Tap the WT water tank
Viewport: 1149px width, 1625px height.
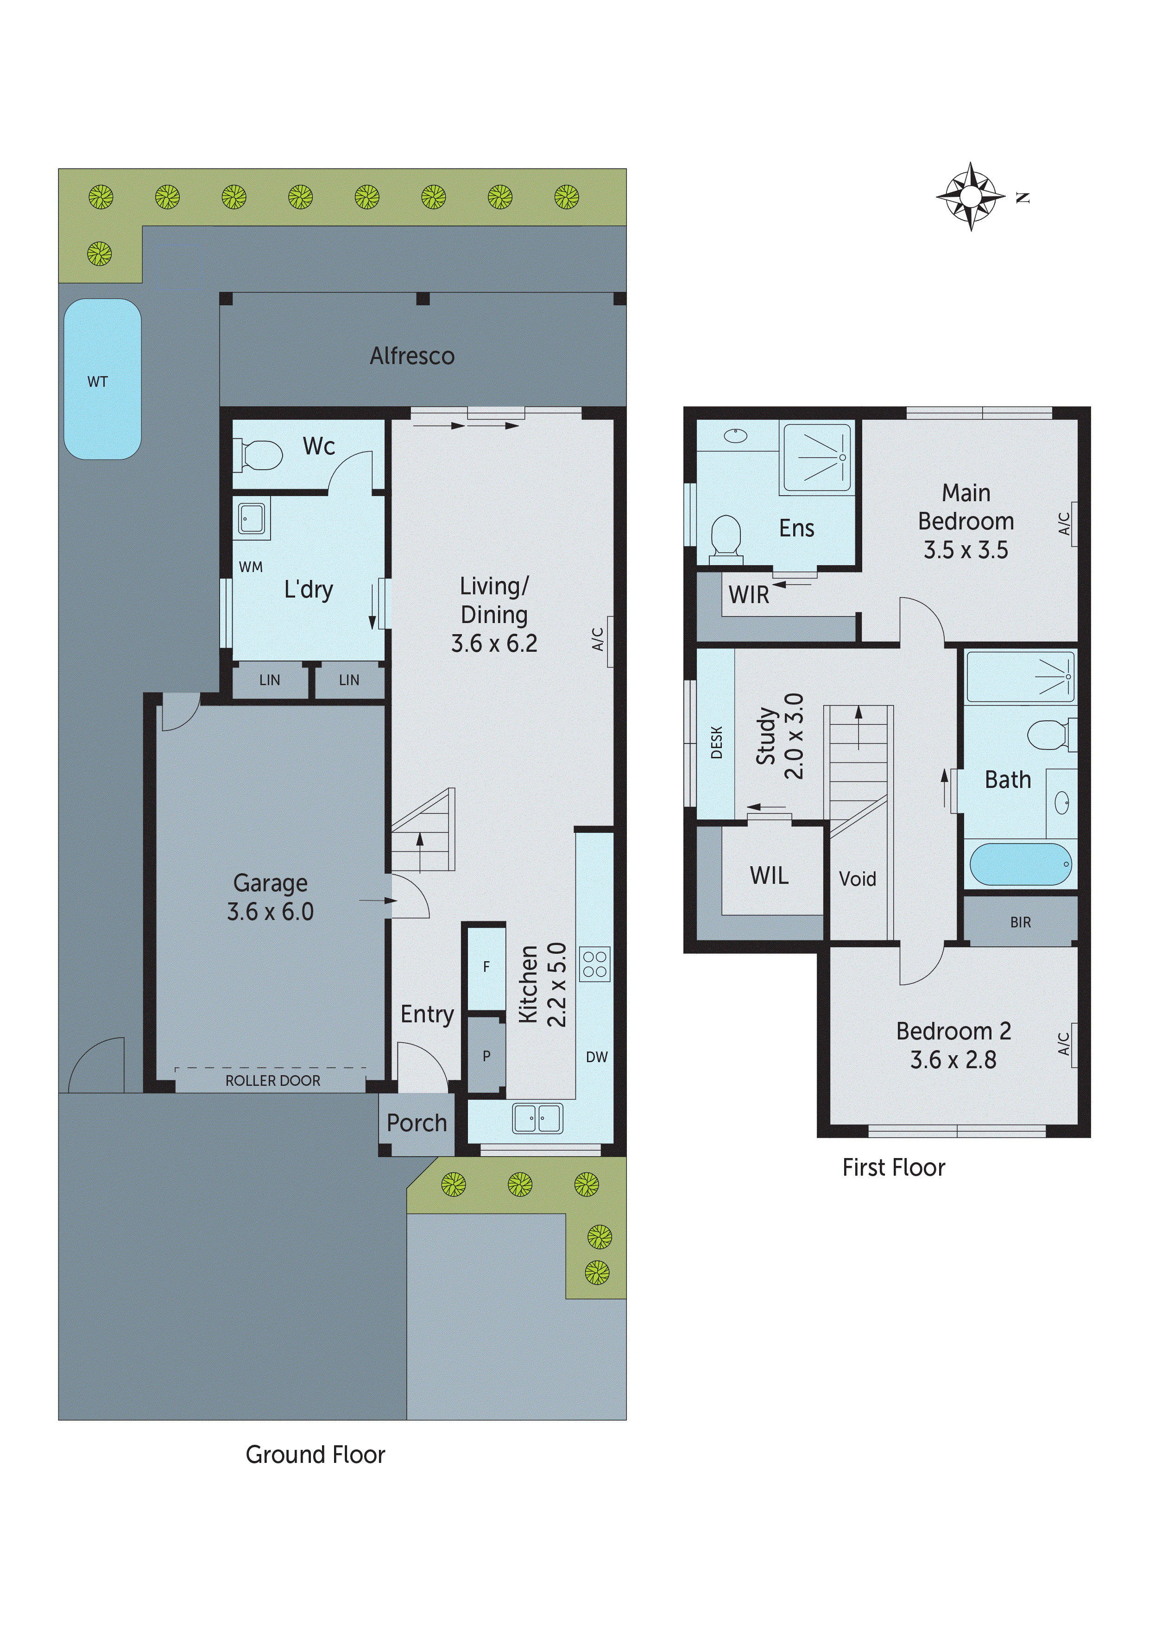tap(103, 379)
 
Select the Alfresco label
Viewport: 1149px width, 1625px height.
tap(412, 356)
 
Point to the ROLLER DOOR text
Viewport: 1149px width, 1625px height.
tap(272, 1081)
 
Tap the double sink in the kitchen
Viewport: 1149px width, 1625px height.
tap(537, 1119)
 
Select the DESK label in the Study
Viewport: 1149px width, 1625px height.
tap(716, 742)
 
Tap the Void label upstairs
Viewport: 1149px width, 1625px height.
tap(857, 879)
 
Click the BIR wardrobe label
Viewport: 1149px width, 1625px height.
tap(1020, 922)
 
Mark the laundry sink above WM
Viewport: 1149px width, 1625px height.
tap(251, 518)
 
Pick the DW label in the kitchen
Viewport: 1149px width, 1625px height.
tap(596, 1057)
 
